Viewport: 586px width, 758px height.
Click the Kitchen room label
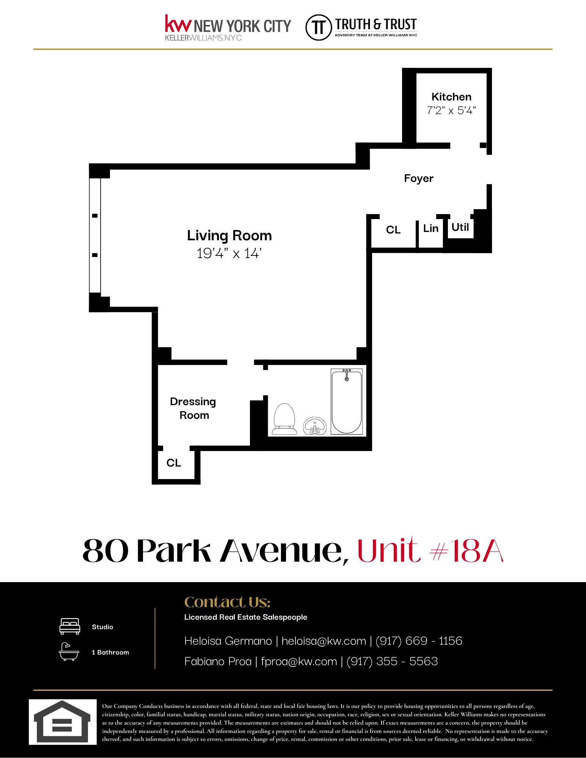[451, 97]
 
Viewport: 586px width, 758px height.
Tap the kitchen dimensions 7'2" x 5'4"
[451, 111]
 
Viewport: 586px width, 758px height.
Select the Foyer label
[418, 178]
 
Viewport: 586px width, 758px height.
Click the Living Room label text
[229, 235]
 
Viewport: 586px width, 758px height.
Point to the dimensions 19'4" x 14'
[229, 253]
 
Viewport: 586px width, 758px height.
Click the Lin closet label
[430, 228]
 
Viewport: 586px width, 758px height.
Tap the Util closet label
[460, 227]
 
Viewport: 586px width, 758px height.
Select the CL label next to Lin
[393, 230]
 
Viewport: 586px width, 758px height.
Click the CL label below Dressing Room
[174, 463]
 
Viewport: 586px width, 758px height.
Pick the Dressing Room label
[193, 408]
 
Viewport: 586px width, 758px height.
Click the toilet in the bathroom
[284, 419]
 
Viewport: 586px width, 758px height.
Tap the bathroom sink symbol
[314, 426]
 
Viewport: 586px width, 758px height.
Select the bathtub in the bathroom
[347, 402]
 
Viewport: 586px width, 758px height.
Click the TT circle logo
[319, 27]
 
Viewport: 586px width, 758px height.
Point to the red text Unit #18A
[430, 550]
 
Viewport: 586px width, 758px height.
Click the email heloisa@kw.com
[324, 641]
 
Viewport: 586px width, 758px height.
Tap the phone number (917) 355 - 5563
[392, 661]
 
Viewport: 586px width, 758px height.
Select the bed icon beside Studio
[70, 626]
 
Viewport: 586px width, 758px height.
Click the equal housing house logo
[63, 722]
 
